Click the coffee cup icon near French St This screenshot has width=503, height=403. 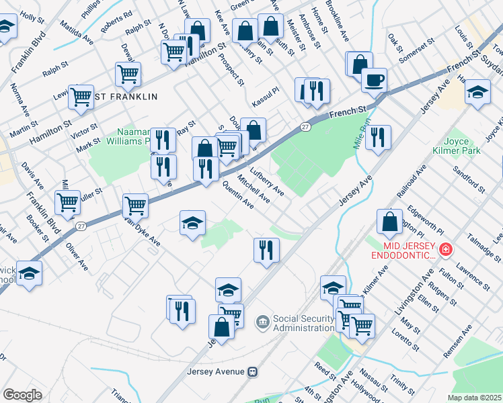click(374, 80)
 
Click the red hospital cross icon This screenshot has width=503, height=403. click(444, 251)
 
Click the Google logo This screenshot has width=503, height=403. click(22, 395)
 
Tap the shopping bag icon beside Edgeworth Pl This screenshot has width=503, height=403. click(390, 221)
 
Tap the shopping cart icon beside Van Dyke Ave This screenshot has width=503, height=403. click(136, 206)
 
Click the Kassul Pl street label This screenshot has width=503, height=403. click(265, 99)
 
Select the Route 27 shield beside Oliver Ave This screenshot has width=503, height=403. click(80, 226)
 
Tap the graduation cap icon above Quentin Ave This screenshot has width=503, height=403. click(192, 223)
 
